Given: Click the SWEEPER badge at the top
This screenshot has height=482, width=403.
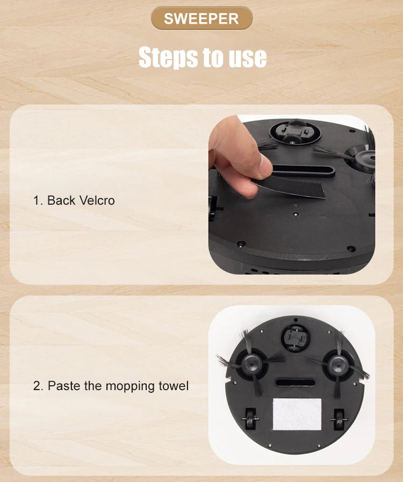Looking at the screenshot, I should click(201, 18).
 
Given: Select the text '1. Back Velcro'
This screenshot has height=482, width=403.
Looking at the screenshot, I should click(74, 200).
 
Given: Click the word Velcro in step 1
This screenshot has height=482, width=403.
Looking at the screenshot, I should click(97, 200).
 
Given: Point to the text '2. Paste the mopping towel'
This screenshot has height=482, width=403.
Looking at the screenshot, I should click(111, 386).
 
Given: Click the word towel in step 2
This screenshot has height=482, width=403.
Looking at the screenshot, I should click(174, 386).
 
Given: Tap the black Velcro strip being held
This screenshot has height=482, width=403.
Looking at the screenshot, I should click(295, 186).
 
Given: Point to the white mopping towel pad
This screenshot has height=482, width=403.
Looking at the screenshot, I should click(297, 414).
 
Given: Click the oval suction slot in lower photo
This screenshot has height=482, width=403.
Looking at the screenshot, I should click(294, 383).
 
